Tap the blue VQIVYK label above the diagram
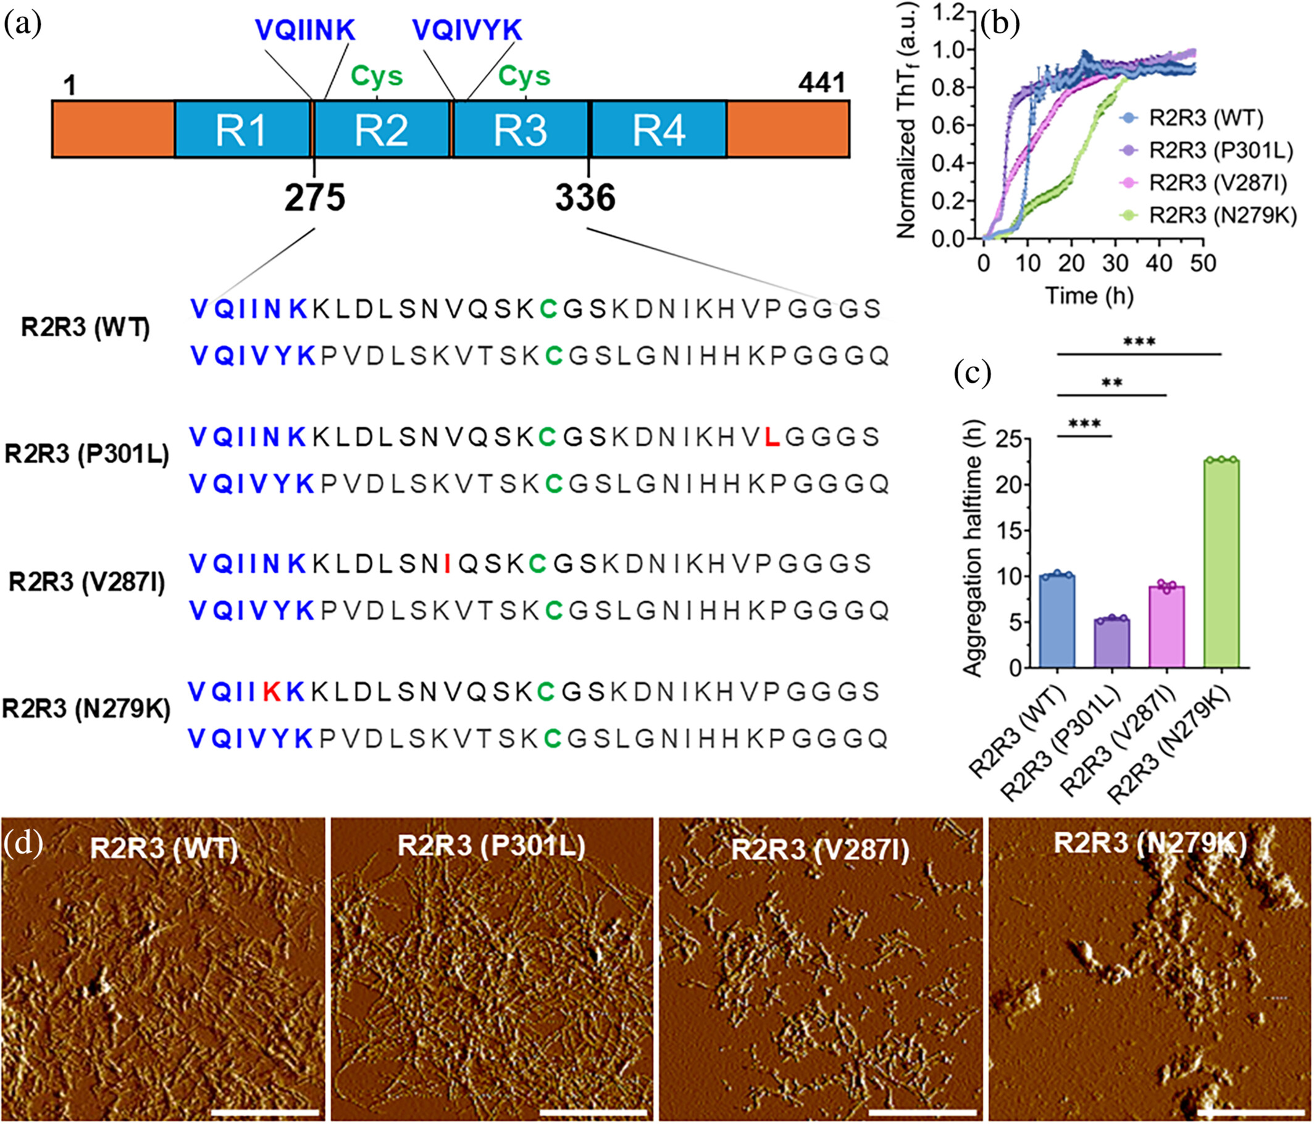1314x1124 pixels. [467, 30]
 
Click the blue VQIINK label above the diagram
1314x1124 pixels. [305, 30]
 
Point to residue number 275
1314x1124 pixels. [314, 198]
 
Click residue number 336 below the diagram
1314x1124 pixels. [585, 198]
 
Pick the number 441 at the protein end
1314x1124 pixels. [821, 83]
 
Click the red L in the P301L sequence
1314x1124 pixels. [771, 437]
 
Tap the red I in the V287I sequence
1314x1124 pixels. [448, 564]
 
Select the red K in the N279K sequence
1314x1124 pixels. [272, 692]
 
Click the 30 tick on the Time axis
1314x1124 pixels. [1115, 262]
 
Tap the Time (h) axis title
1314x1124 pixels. [1089, 296]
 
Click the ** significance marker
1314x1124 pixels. [1111, 382]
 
